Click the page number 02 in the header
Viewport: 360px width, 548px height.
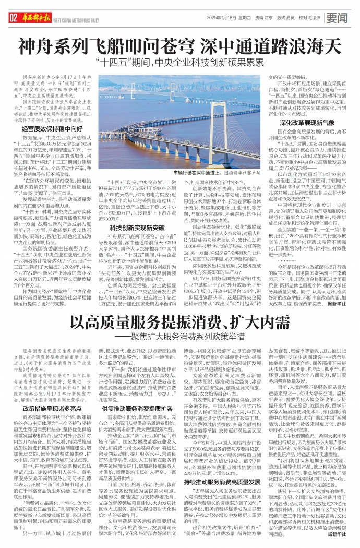click(x=13, y=18)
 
